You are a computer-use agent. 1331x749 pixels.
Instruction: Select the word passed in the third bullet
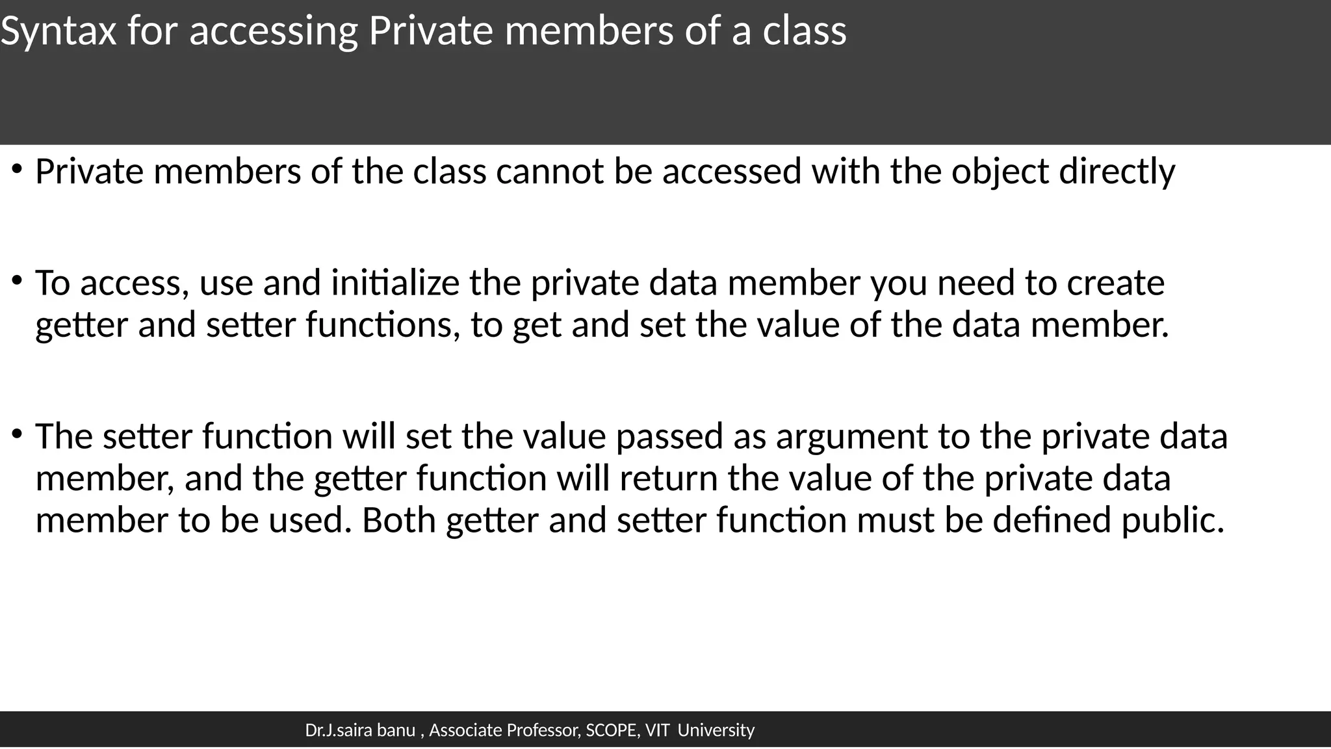click(669, 436)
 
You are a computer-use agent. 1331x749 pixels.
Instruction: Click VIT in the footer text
click(657, 731)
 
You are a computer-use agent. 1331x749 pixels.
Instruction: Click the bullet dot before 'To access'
click(17, 281)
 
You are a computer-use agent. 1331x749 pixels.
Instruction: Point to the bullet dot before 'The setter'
click(17, 434)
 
